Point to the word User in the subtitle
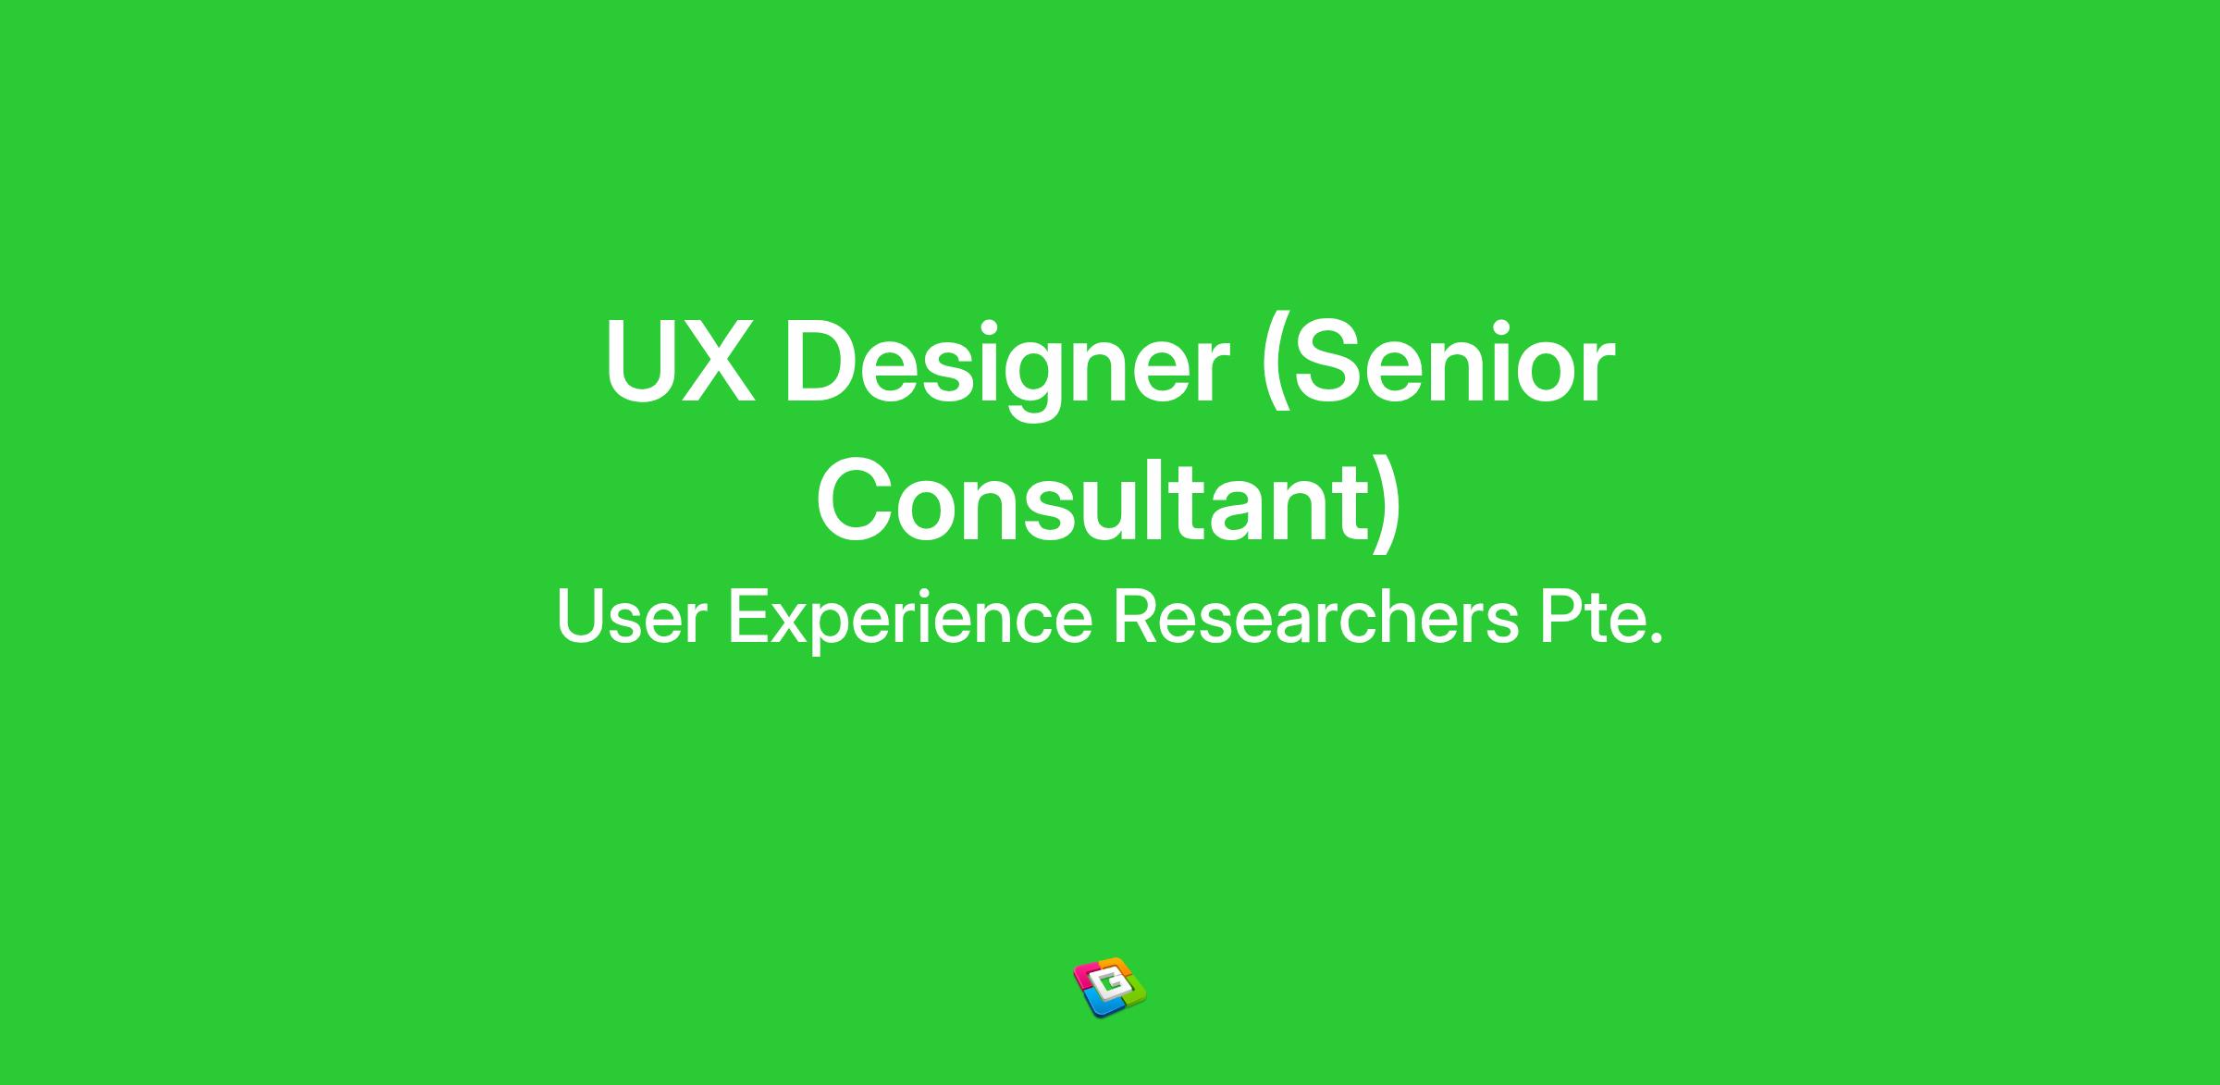[632, 617]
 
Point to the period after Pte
[1653, 637]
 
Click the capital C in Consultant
[856, 500]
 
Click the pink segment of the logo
[1085, 976]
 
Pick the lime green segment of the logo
[1134, 994]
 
